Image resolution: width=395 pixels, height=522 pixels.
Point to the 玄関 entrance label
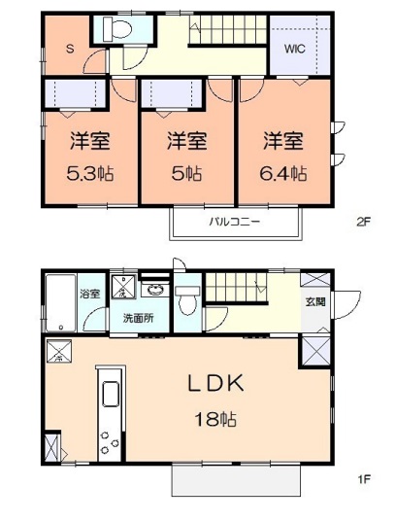click(316, 302)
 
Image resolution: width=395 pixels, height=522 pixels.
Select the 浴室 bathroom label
click(90, 292)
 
